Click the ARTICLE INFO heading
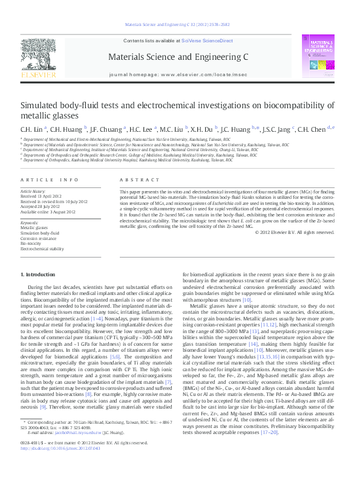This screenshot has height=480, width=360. [x=50, y=180]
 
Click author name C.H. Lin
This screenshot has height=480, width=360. [x=30, y=129]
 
